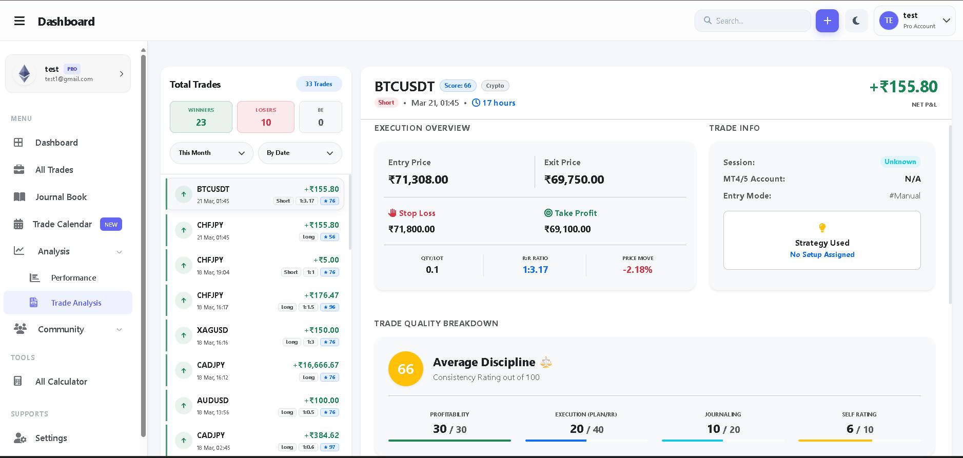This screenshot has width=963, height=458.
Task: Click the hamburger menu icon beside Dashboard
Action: point(19,21)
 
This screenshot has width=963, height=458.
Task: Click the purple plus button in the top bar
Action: point(827,21)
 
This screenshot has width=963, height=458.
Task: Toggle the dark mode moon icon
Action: point(856,21)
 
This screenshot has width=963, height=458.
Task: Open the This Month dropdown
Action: point(211,153)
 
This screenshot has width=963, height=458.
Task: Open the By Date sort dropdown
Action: point(300,153)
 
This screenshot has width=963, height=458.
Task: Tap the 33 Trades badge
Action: point(319,84)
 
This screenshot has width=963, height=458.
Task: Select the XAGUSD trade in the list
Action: point(254,335)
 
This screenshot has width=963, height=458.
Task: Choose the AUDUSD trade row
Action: point(254,406)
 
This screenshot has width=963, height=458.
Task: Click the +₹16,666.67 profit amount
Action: point(316,365)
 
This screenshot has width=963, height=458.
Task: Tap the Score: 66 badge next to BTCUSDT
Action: point(458,86)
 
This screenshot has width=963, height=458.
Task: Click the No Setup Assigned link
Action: point(822,254)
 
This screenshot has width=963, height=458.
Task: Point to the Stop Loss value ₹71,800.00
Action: point(411,229)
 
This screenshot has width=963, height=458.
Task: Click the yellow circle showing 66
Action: point(405,369)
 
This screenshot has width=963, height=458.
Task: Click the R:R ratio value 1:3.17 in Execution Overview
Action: point(535,270)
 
